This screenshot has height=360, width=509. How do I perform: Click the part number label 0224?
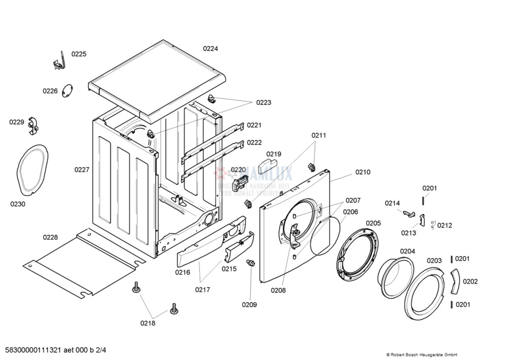click(211, 49)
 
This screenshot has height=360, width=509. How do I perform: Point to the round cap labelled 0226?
click(67, 91)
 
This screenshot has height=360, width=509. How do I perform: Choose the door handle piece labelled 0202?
click(454, 281)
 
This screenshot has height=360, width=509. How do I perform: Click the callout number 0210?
click(363, 172)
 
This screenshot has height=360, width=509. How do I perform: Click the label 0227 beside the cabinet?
click(82, 170)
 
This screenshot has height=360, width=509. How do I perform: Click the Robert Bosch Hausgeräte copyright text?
click(421, 355)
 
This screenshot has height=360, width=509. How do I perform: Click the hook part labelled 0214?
click(408, 213)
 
